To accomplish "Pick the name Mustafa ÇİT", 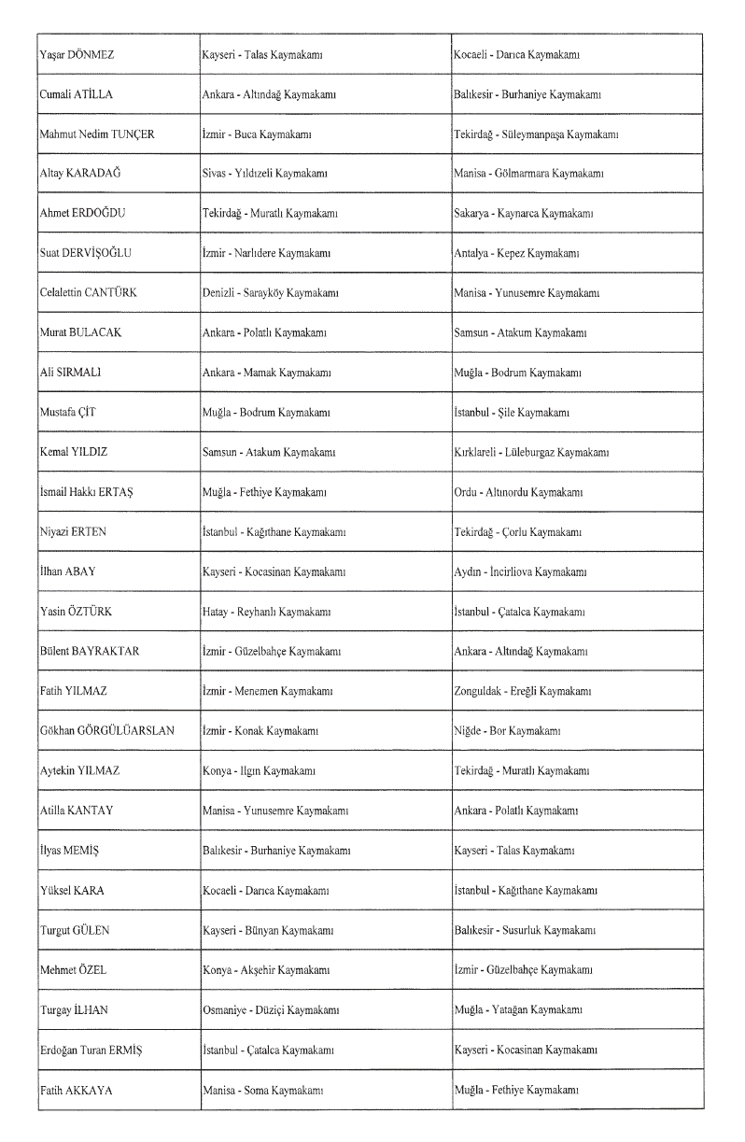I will click(x=69, y=412).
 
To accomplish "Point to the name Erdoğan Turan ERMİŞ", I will click(x=91, y=1050).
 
